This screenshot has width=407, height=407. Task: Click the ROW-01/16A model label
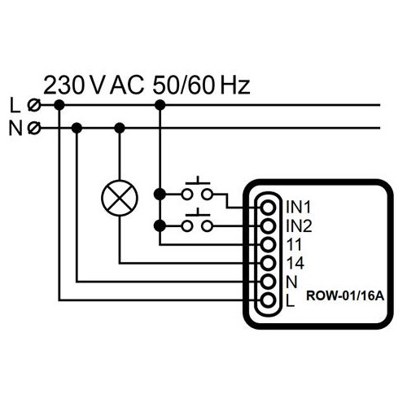[x=345, y=295]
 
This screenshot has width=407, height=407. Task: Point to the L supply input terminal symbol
[x=34, y=105]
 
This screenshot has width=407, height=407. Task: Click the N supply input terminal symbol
[x=34, y=128]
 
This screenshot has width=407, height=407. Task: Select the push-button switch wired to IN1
[x=197, y=189]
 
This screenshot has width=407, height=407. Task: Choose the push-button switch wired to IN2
[x=197, y=221]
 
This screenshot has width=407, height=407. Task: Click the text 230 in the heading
[x=63, y=85]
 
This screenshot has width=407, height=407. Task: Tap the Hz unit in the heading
[x=235, y=85]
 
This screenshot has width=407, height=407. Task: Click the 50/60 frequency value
[x=185, y=85]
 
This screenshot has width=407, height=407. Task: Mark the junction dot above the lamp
[x=120, y=128]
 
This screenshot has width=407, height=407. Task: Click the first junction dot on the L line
[x=59, y=105]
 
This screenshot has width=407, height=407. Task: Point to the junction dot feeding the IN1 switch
[x=160, y=195]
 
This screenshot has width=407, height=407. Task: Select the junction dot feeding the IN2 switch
[x=160, y=225]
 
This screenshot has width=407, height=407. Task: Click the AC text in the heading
[x=127, y=85]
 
